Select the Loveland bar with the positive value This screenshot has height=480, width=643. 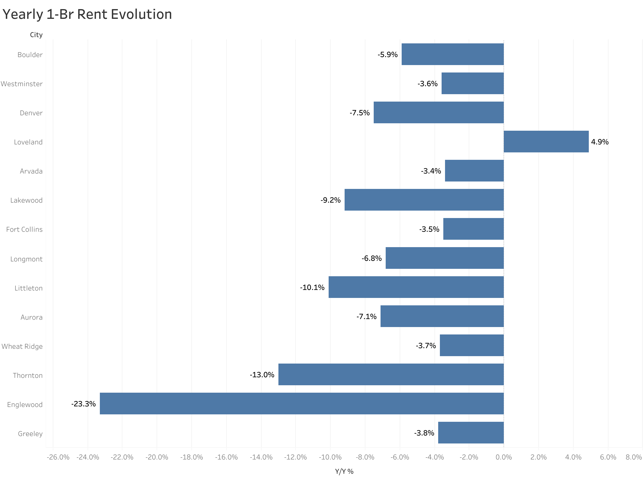click(x=546, y=142)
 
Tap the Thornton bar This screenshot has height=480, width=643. click(x=391, y=374)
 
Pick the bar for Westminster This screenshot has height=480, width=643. click(x=472, y=83)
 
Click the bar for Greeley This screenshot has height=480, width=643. click(x=470, y=432)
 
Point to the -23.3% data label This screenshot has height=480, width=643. click(x=83, y=404)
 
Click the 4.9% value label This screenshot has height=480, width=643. click(x=599, y=142)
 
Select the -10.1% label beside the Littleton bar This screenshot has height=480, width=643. click(x=312, y=287)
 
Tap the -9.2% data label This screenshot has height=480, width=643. click(x=330, y=200)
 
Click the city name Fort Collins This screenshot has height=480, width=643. click(x=25, y=229)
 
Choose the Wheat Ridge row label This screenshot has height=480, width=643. click(x=22, y=346)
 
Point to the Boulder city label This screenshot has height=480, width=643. click(x=30, y=55)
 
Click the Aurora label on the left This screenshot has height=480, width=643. click(x=31, y=317)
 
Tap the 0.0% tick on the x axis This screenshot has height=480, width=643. click(x=503, y=457)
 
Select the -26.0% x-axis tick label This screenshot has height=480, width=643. click(x=58, y=457)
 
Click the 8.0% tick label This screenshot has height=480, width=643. click(x=633, y=457)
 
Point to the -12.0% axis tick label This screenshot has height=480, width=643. click(x=295, y=457)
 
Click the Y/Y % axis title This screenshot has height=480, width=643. click(x=344, y=471)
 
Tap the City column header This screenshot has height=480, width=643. click(x=36, y=35)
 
